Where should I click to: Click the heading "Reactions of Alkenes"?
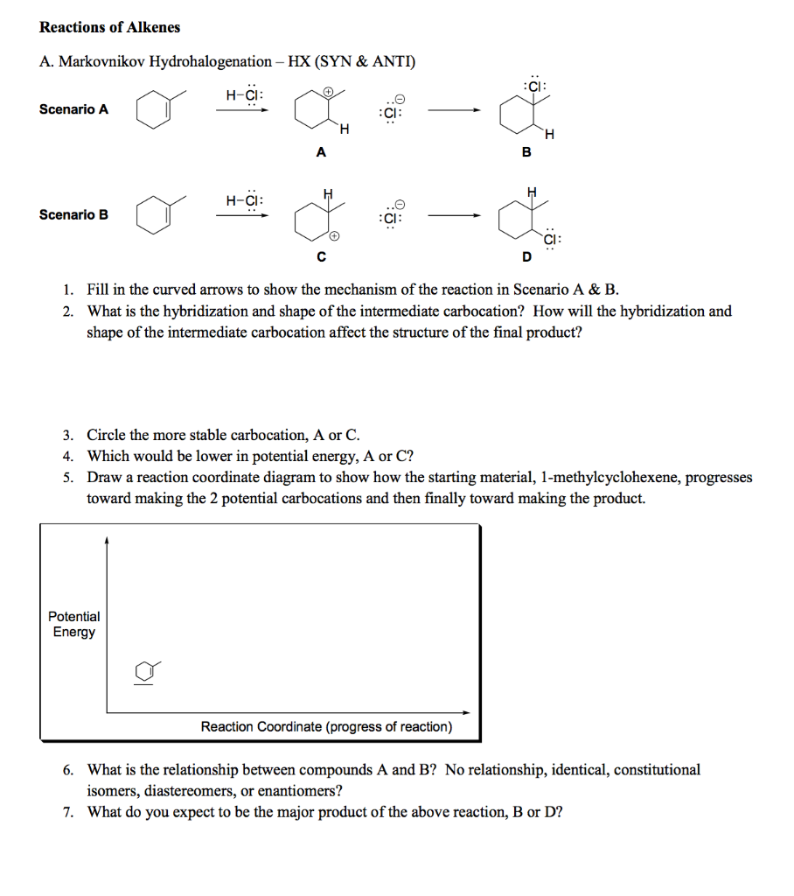[x=109, y=27]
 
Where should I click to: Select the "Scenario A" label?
[x=73, y=109]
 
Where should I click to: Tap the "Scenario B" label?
[x=73, y=214]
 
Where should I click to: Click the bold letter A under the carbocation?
[x=320, y=151]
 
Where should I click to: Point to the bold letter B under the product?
[x=526, y=151]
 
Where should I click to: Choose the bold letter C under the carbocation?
[x=321, y=257]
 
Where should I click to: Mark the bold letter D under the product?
[x=526, y=257]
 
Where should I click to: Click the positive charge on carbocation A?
[x=328, y=90]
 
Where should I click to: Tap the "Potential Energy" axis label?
[x=73, y=624]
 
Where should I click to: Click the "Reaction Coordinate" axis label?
[x=326, y=727]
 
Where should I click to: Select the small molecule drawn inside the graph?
[x=146, y=672]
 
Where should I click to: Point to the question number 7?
[x=67, y=812]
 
